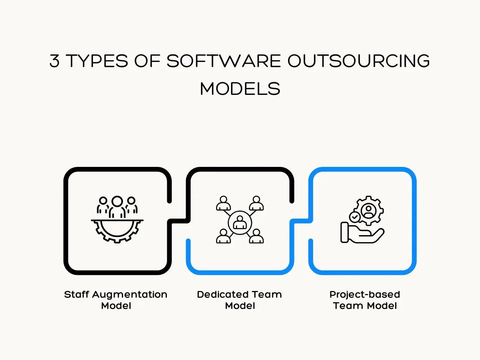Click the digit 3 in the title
[x=54, y=60]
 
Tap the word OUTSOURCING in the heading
[x=358, y=60]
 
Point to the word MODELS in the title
[x=240, y=88]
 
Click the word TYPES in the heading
[x=97, y=60]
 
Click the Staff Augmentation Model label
[x=115, y=300]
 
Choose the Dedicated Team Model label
[x=240, y=300]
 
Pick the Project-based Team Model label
[x=365, y=300]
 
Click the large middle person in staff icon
[x=117, y=207]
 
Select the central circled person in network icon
[x=240, y=222]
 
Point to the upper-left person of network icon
[x=223, y=203]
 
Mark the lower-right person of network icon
[x=256, y=236]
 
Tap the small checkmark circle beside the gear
[x=354, y=217]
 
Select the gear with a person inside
[x=369, y=210]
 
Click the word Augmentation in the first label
[x=130, y=295]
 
